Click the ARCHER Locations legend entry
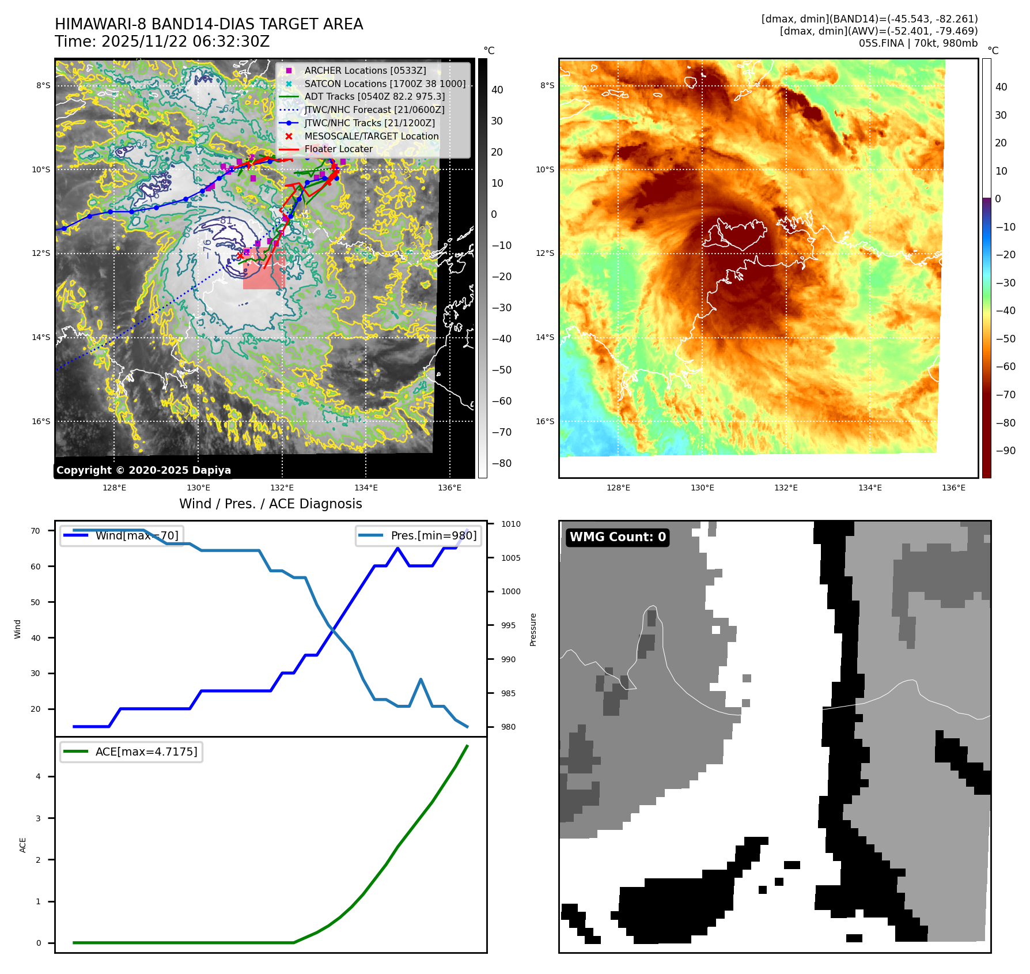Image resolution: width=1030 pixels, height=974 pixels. pos(365,70)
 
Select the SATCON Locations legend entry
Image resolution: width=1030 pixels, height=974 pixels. pos(385,84)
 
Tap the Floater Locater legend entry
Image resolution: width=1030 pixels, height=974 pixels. pos(338,149)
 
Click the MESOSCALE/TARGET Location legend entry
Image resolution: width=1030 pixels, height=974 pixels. pos(372,136)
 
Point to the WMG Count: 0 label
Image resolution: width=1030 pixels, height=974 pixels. pos(618,537)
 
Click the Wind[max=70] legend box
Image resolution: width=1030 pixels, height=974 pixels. pos(122,535)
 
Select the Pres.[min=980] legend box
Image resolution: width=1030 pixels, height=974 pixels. pos(419,535)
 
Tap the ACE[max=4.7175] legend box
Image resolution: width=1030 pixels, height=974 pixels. pos(131,752)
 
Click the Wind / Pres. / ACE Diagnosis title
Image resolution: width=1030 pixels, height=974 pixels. pos(271,504)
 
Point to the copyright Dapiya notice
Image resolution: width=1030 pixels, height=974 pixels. pos(143,470)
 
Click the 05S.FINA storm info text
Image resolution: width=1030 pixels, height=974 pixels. pos(918,43)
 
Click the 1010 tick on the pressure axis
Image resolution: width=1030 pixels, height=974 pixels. pos(510,524)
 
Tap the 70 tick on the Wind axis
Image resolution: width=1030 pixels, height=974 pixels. pos(36,531)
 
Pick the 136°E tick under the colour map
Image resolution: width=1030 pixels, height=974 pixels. pos(953,488)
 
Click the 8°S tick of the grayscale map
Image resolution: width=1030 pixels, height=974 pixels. pos(43,86)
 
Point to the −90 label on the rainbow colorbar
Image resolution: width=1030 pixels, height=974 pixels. pos(1005,451)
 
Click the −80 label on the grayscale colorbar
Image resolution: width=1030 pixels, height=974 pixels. pos(501,463)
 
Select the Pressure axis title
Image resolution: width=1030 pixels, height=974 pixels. pos(533,629)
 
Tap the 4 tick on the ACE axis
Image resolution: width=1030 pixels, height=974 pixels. pos(38,776)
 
